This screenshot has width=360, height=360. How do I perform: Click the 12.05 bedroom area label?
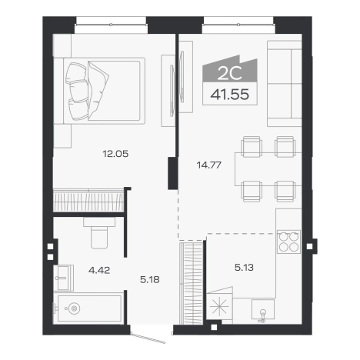point(115,154)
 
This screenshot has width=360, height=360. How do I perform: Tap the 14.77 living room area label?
point(209,165)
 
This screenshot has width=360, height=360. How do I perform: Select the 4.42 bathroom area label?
point(99,270)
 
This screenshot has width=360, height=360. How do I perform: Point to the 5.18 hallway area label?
point(150,279)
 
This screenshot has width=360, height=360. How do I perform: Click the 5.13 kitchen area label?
point(244,268)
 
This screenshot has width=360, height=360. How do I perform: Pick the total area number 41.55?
point(230,95)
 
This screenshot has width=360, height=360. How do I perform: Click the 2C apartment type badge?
point(230,74)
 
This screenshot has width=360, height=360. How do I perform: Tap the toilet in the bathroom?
point(99,233)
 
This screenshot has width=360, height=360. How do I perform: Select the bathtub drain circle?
point(74,308)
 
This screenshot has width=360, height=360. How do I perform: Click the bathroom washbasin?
point(63,278)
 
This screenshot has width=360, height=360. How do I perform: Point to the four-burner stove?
point(288,242)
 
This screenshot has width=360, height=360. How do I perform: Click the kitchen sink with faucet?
point(263,310)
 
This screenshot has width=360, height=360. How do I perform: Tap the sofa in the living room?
point(284,84)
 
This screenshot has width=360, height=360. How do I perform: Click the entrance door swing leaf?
point(148,337)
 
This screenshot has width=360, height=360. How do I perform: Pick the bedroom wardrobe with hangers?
point(88,201)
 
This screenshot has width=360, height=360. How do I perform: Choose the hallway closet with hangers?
point(192,283)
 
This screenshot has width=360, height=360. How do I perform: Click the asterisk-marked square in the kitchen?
point(219,306)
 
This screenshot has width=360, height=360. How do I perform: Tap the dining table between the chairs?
point(268,169)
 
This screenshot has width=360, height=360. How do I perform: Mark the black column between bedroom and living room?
point(172,173)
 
